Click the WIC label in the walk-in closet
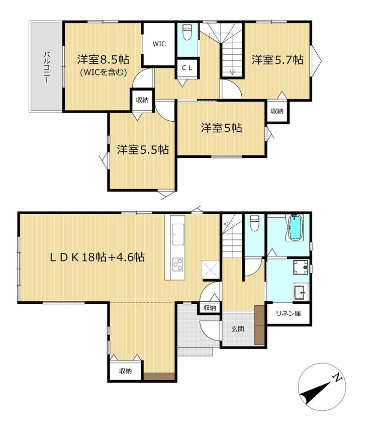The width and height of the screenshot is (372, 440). [159, 44]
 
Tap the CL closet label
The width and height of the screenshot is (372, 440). [187, 68]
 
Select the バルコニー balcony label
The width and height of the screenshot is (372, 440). [47, 67]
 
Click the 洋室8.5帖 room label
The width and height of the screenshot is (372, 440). [103, 59]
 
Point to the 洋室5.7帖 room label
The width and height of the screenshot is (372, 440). [277, 60]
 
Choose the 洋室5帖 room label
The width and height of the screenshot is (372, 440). [221, 128]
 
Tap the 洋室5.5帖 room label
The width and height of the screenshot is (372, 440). [143, 149]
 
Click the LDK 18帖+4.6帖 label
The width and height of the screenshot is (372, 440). [98, 257]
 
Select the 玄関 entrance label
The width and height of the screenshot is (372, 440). [238, 329]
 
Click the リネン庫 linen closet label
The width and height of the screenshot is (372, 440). [289, 313]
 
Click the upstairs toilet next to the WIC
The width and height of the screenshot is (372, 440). [187, 32]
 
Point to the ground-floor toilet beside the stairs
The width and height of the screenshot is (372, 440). [254, 223]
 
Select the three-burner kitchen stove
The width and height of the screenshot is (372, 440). [178, 264]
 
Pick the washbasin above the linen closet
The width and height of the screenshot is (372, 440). [301, 293]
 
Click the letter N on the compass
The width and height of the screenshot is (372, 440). [337, 378]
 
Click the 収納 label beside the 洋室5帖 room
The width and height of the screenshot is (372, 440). [277, 111]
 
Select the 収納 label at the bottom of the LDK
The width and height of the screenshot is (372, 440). [125, 371]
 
